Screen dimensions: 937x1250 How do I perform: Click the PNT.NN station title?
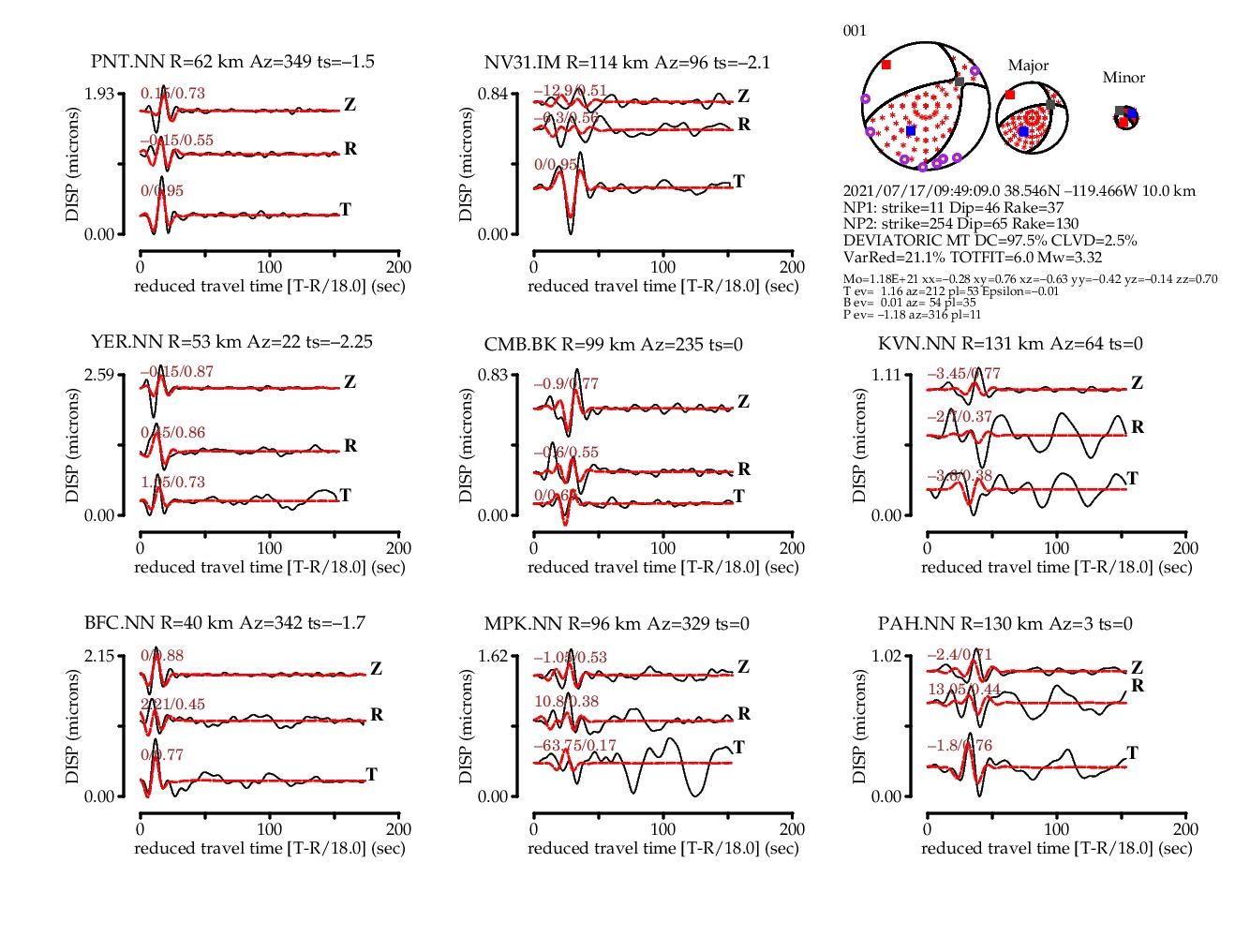point(232,62)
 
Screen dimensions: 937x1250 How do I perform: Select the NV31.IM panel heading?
point(627,63)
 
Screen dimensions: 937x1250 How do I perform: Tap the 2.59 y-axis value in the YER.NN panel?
point(98,375)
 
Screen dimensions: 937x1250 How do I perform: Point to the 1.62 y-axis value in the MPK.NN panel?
point(492,655)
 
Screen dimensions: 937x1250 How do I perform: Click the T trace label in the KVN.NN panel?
point(1132,479)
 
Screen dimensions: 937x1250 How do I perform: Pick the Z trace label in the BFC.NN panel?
point(376,669)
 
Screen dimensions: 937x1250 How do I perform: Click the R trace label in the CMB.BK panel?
point(744,469)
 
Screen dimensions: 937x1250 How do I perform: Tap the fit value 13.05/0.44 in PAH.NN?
point(964,690)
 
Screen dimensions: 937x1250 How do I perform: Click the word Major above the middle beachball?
point(1028,66)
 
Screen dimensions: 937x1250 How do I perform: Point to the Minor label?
point(1124,78)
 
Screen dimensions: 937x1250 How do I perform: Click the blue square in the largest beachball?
point(911,130)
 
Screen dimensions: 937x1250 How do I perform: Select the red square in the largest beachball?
point(886,65)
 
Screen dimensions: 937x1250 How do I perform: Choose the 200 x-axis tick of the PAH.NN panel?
point(1185,829)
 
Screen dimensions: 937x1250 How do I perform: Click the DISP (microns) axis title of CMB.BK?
point(466,445)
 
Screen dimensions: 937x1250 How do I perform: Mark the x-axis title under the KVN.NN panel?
point(1056,567)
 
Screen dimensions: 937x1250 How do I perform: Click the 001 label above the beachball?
point(855,31)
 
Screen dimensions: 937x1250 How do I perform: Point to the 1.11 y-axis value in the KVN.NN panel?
point(885,375)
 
